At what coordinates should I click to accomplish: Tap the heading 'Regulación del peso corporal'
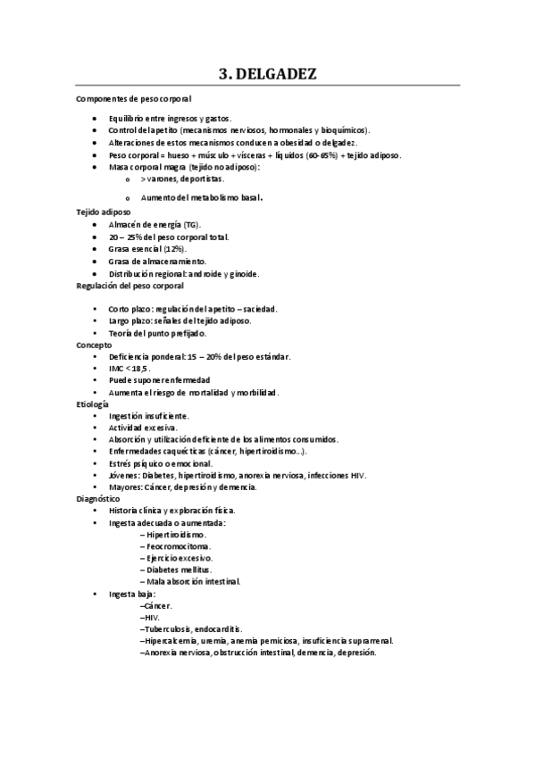tap(130, 287)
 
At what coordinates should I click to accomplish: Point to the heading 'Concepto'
tap(95, 344)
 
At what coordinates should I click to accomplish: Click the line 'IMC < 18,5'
tap(130, 368)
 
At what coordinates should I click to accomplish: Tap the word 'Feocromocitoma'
tap(178, 545)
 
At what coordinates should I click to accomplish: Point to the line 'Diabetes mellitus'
tap(178, 569)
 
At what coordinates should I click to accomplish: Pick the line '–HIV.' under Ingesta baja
tap(151, 617)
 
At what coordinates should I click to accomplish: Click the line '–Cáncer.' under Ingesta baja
tap(156, 605)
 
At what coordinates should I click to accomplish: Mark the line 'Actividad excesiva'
tap(143, 428)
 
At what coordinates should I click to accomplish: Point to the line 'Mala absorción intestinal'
tap(190, 580)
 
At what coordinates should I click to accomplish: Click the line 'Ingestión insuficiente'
tap(148, 416)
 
